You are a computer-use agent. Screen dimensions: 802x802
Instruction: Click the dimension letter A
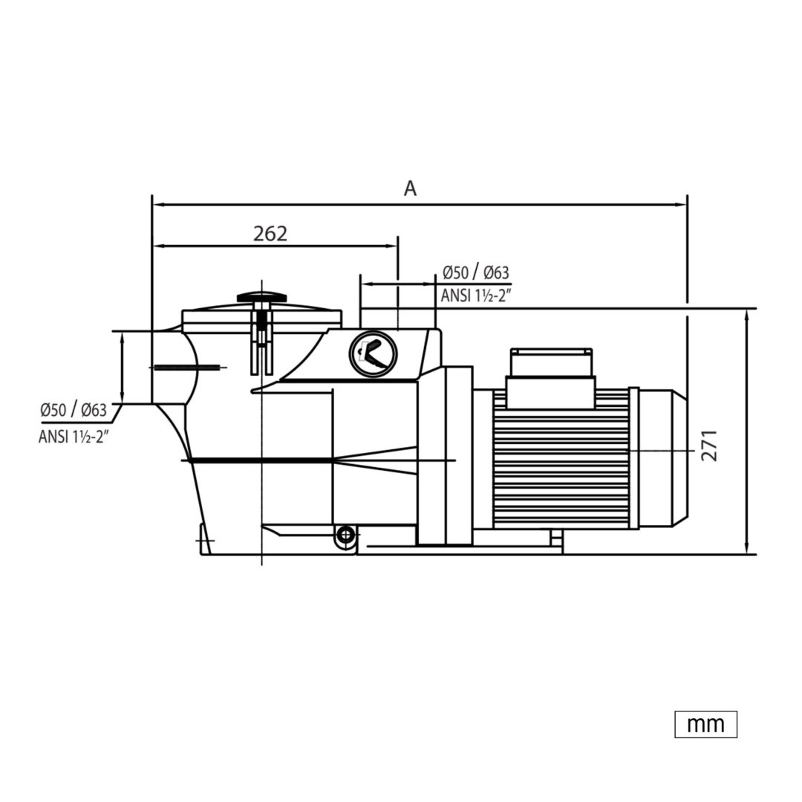(410, 189)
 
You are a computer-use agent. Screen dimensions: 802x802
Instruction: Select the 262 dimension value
(270, 234)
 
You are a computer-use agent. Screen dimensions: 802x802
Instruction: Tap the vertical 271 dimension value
(709, 446)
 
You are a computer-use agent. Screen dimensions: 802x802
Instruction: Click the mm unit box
(706, 724)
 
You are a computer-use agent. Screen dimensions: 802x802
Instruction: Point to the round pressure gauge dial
(374, 353)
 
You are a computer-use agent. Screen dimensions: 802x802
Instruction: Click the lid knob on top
(261, 296)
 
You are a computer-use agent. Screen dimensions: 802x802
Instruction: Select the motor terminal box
(551, 379)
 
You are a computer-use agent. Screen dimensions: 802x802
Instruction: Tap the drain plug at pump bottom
(346, 535)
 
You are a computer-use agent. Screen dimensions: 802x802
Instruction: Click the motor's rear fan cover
(663, 459)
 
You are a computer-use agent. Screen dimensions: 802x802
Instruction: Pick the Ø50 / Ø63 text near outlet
(476, 273)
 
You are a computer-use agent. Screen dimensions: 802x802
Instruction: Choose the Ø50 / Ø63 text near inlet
(74, 410)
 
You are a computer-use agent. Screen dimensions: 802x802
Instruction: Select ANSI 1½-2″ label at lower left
(74, 437)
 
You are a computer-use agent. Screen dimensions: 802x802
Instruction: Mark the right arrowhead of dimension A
(681, 205)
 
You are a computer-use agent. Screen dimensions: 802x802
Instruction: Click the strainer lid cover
(261, 316)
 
